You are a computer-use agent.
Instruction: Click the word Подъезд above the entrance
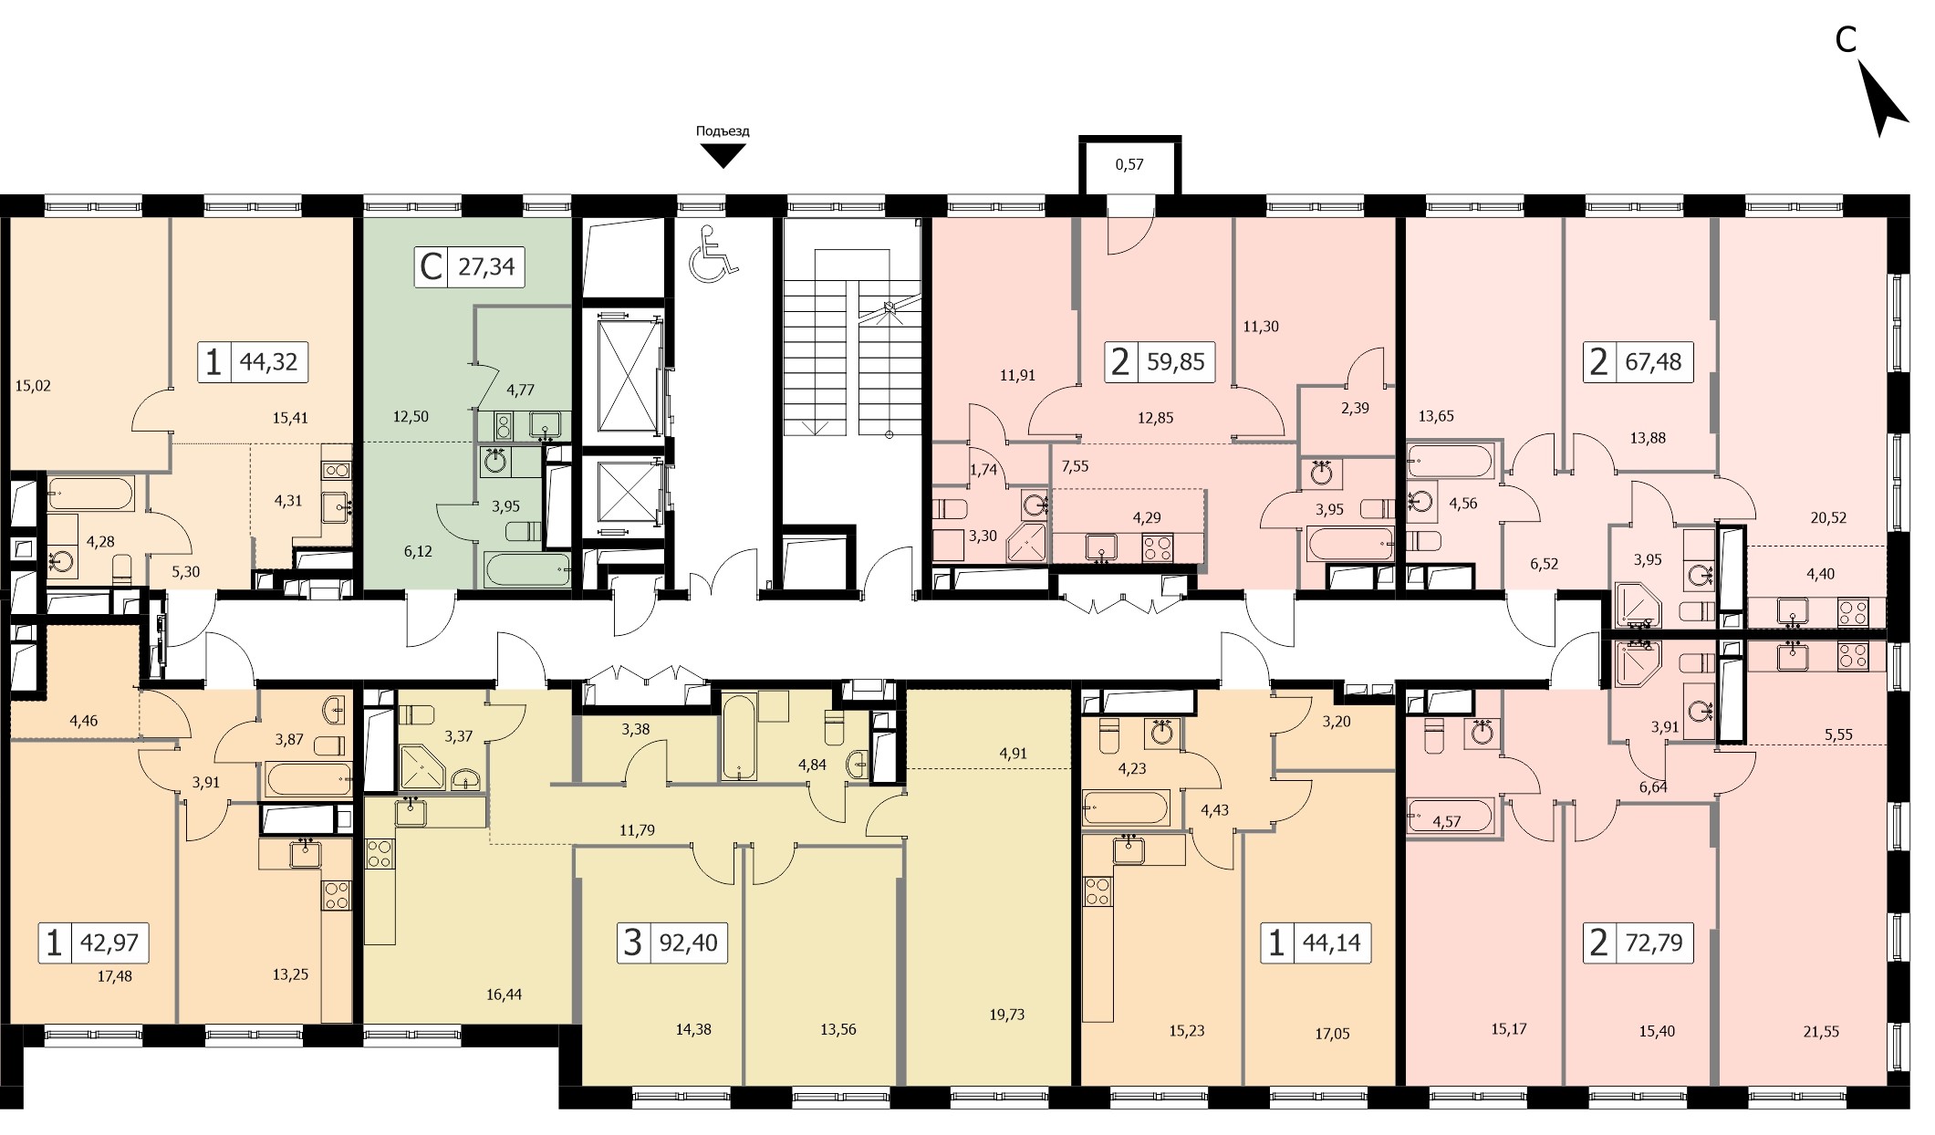pyautogui.click(x=723, y=131)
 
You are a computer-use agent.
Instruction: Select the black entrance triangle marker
pyautogui.click(x=723, y=158)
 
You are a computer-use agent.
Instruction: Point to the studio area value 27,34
pyautogui.click(x=486, y=266)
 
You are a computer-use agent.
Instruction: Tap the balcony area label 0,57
pyautogui.click(x=1129, y=165)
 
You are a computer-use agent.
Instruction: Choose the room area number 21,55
pyautogui.click(x=1821, y=1032)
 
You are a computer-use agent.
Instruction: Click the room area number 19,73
pyautogui.click(x=1006, y=1015)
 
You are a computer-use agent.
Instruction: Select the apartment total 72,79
pyautogui.click(x=1654, y=942)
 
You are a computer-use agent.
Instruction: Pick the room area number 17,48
pyautogui.click(x=114, y=975)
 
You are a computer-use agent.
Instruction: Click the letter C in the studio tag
pyautogui.click(x=431, y=267)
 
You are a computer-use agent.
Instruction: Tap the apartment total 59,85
pyautogui.click(x=1176, y=361)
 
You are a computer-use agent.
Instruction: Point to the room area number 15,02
pyautogui.click(x=33, y=386)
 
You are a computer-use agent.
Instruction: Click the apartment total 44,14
pyautogui.click(x=1331, y=942)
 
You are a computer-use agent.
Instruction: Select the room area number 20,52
pyautogui.click(x=1828, y=517)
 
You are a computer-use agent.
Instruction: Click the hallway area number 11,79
pyautogui.click(x=637, y=830)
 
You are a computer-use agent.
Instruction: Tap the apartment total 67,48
pyautogui.click(x=1653, y=361)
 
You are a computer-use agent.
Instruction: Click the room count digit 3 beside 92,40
pyautogui.click(x=632, y=942)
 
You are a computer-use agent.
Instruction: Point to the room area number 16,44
pyautogui.click(x=504, y=994)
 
